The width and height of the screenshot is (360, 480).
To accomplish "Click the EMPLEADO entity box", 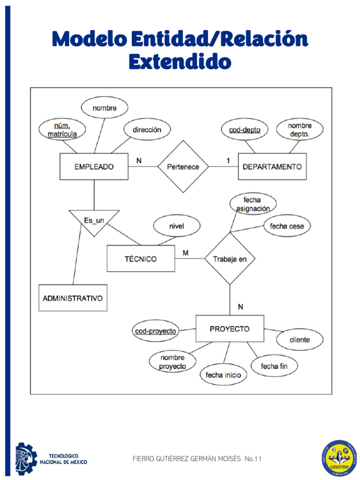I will click(94, 166).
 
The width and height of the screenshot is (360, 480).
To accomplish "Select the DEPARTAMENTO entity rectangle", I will click(272, 166).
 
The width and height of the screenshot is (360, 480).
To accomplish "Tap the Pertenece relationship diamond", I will click(183, 166).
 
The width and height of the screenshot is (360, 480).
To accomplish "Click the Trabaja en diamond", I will click(230, 259).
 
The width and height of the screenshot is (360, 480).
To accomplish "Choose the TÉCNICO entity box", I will click(141, 259).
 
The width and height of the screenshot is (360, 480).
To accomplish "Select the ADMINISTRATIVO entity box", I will click(73, 298).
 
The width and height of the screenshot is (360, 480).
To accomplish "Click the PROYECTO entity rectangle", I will click(230, 329).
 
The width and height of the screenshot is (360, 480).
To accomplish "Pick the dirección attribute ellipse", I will click(147, 129).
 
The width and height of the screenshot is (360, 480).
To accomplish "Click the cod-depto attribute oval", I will click(244, 129).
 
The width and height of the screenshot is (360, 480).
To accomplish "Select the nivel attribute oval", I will click(177, 226).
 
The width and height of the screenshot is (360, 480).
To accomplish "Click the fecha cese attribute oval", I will click(287, 226).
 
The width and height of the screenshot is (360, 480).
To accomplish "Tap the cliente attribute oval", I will click(300, 340).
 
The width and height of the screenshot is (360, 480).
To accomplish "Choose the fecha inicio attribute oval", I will click(223, 375).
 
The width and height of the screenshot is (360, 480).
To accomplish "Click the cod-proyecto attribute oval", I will click(156, 331).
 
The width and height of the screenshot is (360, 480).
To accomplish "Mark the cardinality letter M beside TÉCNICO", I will click(186, 253).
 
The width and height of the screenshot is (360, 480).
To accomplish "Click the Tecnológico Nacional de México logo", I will click(52, 458).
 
